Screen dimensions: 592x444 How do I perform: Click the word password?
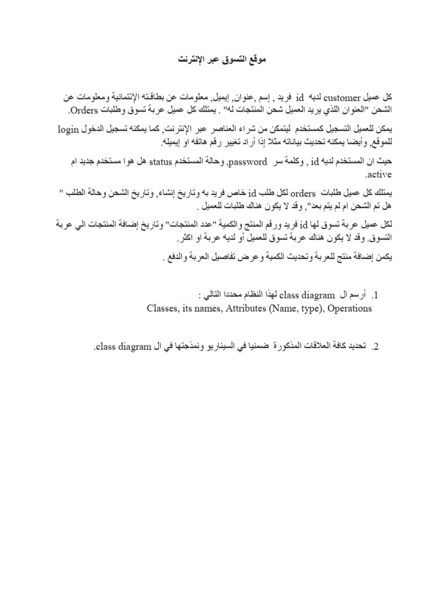point(249,162)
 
